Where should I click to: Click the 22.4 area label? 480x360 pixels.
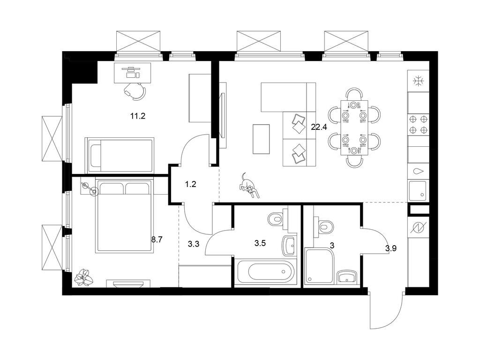pyautogui.click(x=319, y=127)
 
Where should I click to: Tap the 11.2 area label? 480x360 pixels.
pyautogui.click(x=138, y=116)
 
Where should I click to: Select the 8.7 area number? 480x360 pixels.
pyautogui.click(x=157, y=240)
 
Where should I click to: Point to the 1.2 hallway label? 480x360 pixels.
pyautogui.click(x=190, y=184)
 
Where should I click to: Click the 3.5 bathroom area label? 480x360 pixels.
pyautogui.click(x=260, y=243)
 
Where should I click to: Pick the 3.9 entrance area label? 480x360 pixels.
pyautogui.click(x=391, y=248)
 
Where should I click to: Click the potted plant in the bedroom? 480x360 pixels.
pyautogui.click(x=84, y=277)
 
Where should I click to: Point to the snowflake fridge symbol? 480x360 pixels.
pyautogui.click(x=418, y=81)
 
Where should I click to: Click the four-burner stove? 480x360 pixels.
pyautogui.click(x=418, y=124)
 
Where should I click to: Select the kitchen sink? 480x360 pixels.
pyautogui.click(x=418, y=190)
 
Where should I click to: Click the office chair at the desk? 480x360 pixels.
pyautogui.click(x=135, y=90)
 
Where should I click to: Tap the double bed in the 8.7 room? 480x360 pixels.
pyautogui.click(x=124, y=216)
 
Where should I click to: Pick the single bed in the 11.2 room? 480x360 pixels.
pyautogui.click(x=120, y=155)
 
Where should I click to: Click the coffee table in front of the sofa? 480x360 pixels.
pyautogui.click(x=261, y=139)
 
